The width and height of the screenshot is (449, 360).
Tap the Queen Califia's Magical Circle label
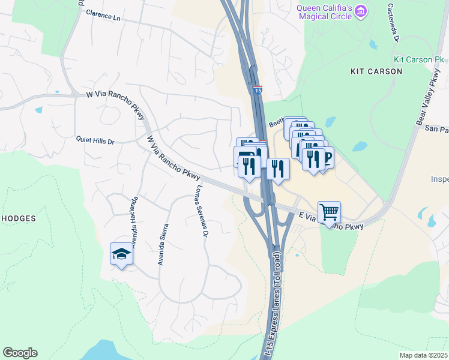pos(323,11)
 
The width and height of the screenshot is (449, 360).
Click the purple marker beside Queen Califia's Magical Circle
pos(360,10)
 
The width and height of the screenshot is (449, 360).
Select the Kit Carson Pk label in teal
pos(418,60)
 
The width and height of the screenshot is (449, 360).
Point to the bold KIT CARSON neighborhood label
pos(376,71)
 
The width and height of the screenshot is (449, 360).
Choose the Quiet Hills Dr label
pos(95,141)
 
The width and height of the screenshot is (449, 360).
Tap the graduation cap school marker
pos(121,254)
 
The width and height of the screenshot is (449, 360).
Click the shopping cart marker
pos(329,212)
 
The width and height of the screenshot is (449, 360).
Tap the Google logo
pos(20,353)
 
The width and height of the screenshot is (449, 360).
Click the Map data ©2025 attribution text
pos(423,355)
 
